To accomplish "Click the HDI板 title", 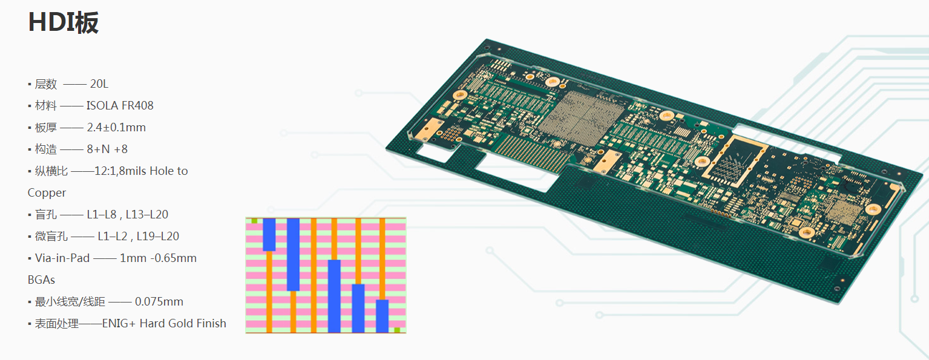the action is point(63,22).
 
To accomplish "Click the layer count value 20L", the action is point(99,83).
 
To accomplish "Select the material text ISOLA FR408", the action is point(120,105).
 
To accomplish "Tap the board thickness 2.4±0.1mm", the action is point(116,127).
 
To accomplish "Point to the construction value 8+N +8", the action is point(107,149).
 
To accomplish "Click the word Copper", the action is point(47,193).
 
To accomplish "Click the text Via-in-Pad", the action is point(62,258).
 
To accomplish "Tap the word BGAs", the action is point(41,280).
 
